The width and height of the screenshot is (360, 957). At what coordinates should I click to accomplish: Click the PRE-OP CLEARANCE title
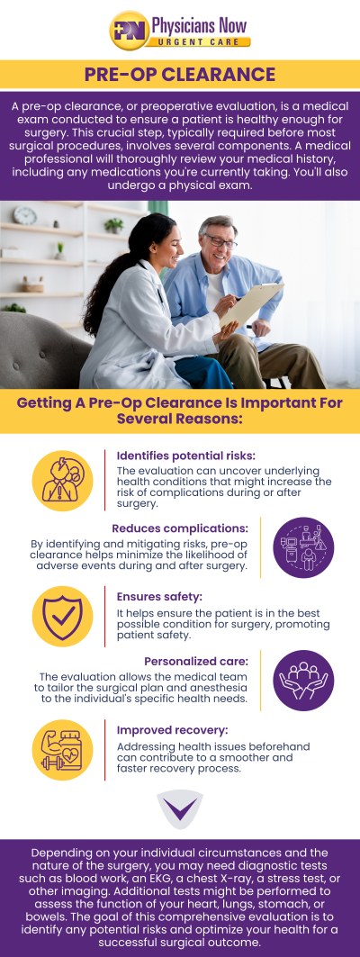tap(180, 74)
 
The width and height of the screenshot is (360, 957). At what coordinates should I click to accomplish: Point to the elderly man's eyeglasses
tap(220, 241)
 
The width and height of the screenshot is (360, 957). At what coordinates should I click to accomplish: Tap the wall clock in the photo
tap(25, 216)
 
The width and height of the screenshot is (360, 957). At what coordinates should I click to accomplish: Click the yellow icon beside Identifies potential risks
tap(62, 481)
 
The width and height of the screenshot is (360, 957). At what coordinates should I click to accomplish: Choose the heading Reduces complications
tap(179, 528)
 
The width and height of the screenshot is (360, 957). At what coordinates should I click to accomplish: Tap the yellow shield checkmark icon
tap(62, 617)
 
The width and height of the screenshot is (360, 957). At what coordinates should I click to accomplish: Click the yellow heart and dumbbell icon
tap(62, 750)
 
